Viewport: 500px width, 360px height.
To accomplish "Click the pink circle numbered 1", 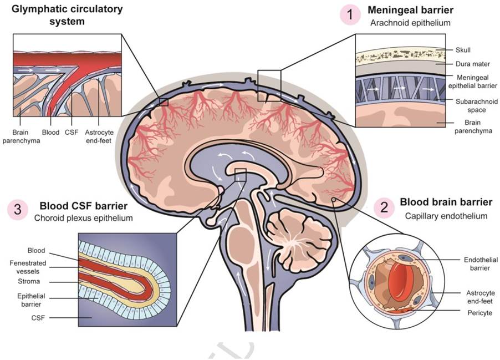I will click(x=350, y=15).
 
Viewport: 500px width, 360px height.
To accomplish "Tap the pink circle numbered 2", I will click(x=384, y=207).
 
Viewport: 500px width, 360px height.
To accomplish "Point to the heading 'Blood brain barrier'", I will click(x=446, y=202).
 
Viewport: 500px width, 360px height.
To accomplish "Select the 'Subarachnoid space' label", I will click(x=472, y=105).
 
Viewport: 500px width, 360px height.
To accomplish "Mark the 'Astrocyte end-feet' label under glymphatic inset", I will click(x=99, y=136).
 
